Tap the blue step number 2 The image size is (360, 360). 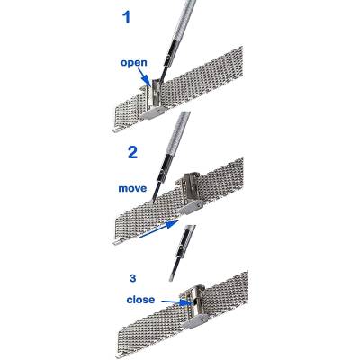(x=132, y=152)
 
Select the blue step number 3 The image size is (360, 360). (x=133, y=278)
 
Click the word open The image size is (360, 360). (x=134, y=63)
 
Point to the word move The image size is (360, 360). (x=132, y=189)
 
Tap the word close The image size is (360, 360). (x=140, y=299)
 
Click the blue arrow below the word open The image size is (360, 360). (x=145, y=77)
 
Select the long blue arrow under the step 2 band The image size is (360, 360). (x=159, y=229)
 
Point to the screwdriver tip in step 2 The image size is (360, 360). (x=153, y=202)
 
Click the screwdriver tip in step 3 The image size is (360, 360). (x=170, y=279)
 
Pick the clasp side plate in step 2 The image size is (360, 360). (x=191, y=207)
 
